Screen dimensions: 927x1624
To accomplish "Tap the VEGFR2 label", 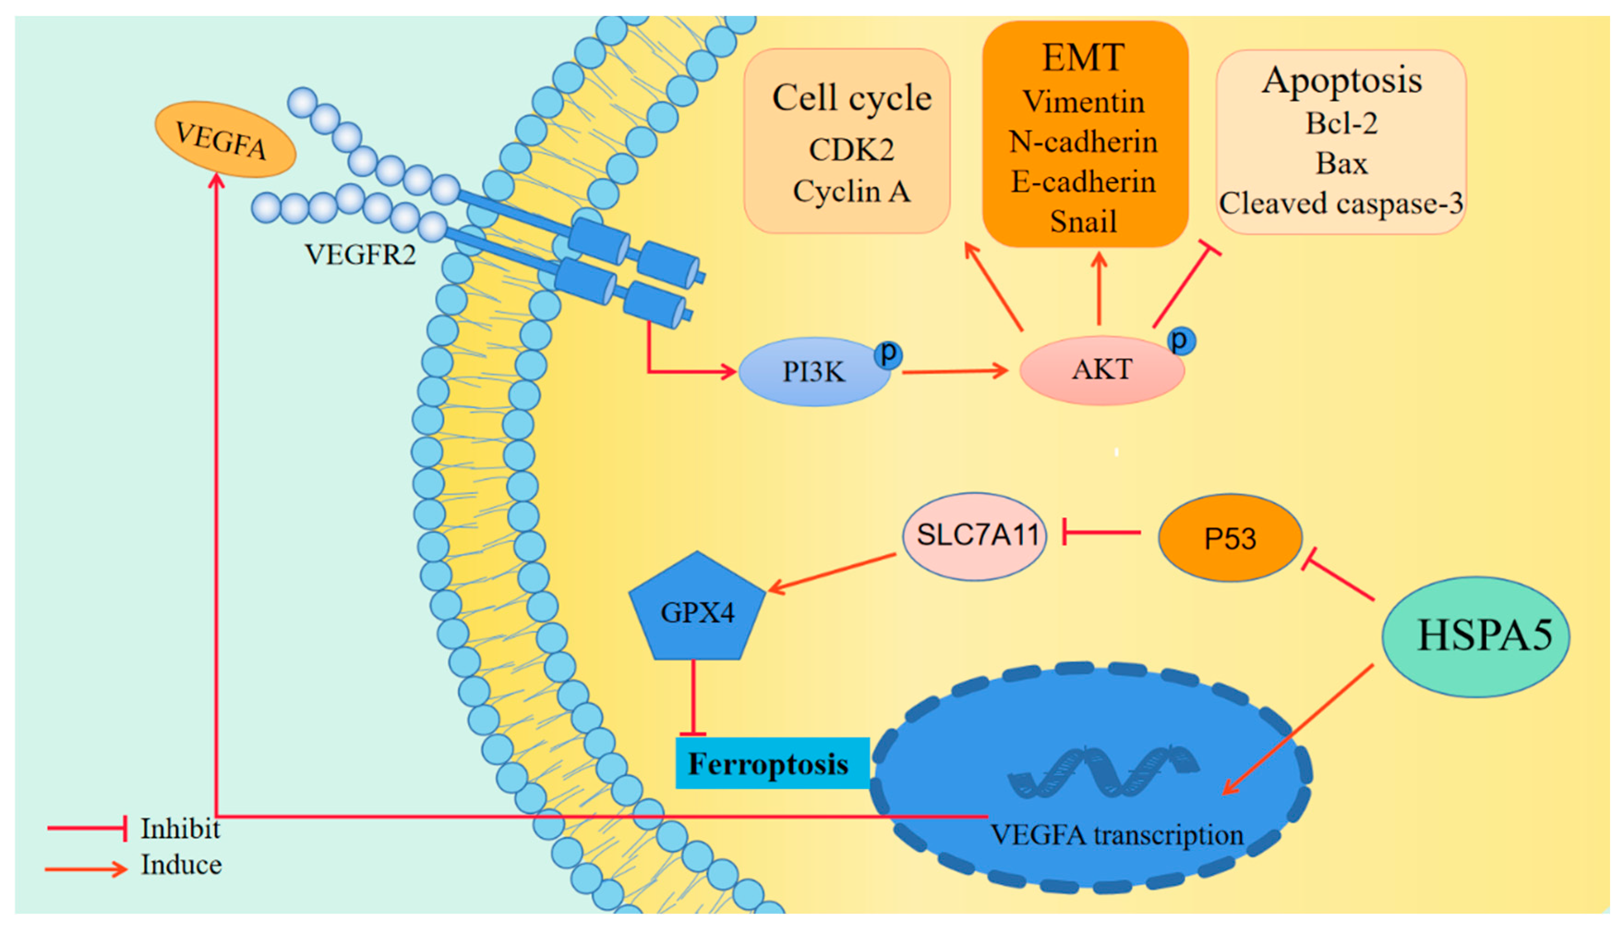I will pyautogui.click(x=360, y=255).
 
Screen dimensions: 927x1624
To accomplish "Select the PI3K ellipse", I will pyautogui.click(x=813, y=372).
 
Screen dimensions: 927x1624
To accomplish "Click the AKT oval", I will pyautogui.click(x=1102, y=370).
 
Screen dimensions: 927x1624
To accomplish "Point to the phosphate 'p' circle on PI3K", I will pyautogui.click(x=888, y=353).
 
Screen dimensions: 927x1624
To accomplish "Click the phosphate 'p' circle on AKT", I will pyautogui.click(x=1181, y=341).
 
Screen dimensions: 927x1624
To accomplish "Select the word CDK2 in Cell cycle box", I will pyautogui.click(x=851, y=150).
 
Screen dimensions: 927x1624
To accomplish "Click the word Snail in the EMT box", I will pyautogui.click(x=1083, y=222).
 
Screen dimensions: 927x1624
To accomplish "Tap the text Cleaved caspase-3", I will pyautogui.click(x=1341, y=204).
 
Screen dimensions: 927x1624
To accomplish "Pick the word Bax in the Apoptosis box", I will pyautogui.click(x=1341, y=163).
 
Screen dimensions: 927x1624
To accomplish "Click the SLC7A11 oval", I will pyautogui.click(x=975, y=536).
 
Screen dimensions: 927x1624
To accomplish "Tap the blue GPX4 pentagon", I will pyautogui.click(x=697, y=611).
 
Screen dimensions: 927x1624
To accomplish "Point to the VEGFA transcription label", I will pyautogui.click(x=1116, y=835).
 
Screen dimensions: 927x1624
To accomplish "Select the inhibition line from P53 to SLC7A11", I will pyautogui.click(x=1101, y=532).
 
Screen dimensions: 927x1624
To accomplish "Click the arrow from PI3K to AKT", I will pyautogui.click(x=954, y=371).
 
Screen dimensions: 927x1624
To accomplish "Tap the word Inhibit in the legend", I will pyautogui.click(x=180, y=829).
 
